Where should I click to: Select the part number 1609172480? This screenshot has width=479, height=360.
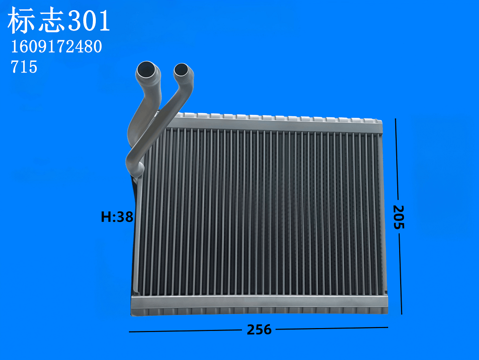click(x=56, y=47)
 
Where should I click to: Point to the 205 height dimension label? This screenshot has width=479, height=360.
click(x=398, y=216)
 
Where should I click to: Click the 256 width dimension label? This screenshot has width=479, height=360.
click(x=259, y=330)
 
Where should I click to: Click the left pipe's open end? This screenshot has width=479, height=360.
click(x=148, y=71)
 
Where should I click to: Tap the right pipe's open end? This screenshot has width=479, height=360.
click(x=182, y=70)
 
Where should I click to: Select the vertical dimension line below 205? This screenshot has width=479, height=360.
click(x=400, y=273)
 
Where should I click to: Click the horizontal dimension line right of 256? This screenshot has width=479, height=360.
click(x=331, y=329)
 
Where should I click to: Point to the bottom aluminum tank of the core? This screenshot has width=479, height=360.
click(x=261, y=304)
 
